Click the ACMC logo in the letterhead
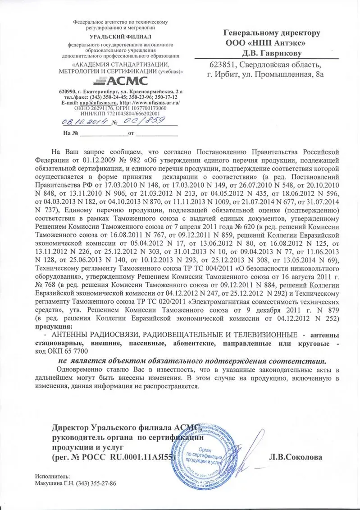120,81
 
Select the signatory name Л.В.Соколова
295,457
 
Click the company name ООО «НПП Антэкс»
265,43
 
